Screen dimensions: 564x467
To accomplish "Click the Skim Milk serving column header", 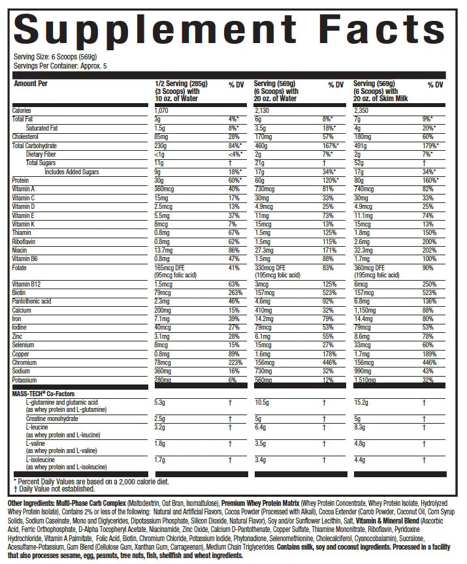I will (x=380, y=91).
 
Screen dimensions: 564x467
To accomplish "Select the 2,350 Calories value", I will (x=362, y=111).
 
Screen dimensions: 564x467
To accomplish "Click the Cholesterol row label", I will (x=27, y=136).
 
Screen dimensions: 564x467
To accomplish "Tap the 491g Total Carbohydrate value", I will (x=360, y=146).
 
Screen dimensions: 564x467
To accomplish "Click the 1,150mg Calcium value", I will (x=364, y=311).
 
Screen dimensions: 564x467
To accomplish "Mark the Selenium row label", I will (x=25, y=345).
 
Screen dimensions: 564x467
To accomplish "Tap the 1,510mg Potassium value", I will (x=364, y=380).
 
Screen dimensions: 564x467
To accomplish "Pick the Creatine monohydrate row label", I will (x=52, y=418).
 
